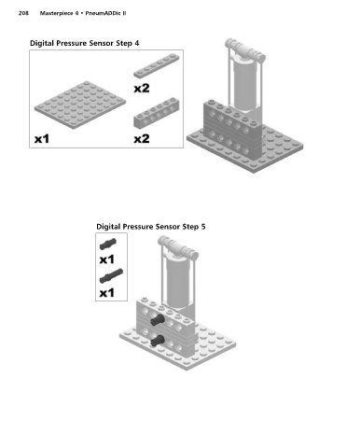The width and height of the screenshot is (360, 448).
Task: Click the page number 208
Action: (23, 13)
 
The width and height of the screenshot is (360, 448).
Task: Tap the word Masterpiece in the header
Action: (56, 13)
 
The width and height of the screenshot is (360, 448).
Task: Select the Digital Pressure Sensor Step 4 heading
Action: (84, 43)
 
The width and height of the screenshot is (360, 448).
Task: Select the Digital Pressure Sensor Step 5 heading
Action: (151, 227)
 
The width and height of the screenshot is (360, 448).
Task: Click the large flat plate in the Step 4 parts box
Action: (80, 105)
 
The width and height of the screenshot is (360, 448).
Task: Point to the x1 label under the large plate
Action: (42, 139)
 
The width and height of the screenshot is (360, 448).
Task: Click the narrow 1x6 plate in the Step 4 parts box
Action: (157, 65)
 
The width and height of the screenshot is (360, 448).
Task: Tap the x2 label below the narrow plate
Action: (142, 89)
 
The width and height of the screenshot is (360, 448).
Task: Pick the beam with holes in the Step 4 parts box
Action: (157, 113)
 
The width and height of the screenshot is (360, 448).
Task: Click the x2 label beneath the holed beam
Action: (142, 139)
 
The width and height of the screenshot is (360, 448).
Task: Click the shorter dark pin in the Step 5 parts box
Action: (108, 244)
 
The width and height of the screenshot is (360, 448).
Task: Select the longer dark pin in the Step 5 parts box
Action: (111, 276)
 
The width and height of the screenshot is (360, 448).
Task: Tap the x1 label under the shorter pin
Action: (106, 259)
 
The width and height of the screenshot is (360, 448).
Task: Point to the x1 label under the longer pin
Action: (106, 293)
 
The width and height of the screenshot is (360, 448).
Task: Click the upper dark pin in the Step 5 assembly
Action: (157, 319)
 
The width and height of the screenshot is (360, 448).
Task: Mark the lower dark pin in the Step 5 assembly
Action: (157, 341)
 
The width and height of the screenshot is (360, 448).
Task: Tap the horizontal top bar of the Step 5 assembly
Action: (178, 248)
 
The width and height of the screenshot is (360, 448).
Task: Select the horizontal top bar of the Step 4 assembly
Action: (245, 50)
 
